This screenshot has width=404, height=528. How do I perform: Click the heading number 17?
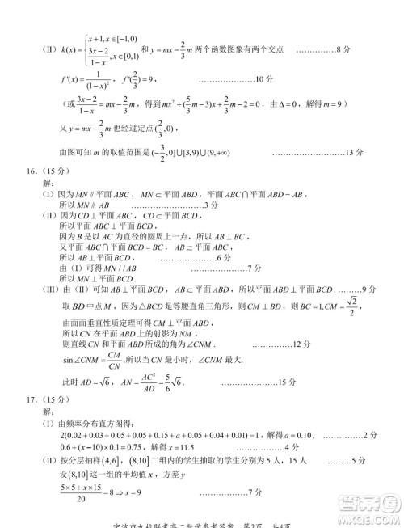point(30,409)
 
